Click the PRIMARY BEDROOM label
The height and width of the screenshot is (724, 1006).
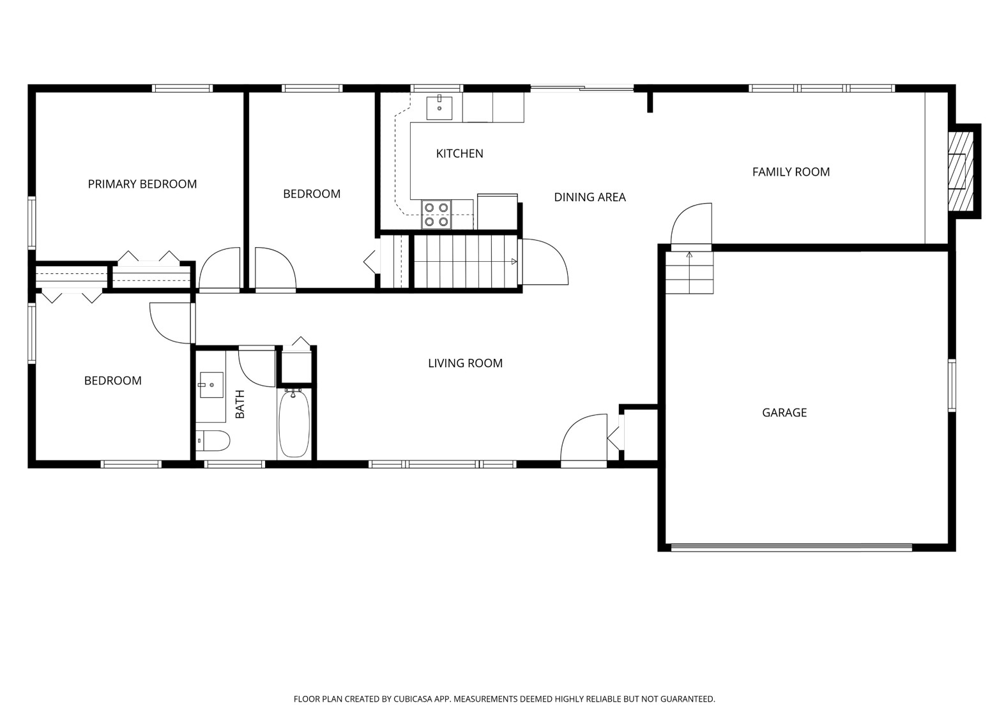(142, 184)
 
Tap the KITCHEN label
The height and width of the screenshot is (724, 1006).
(459, 153)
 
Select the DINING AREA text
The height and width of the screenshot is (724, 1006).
(590, 197)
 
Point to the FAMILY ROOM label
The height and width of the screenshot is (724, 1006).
(791, 172)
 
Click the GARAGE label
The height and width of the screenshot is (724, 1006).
(784, 412)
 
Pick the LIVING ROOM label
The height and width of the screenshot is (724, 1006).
(465, 363)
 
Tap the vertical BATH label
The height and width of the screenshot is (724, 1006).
(240, 404)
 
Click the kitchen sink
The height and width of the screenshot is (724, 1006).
(439, 108)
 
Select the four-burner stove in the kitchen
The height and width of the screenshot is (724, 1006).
(436, 215)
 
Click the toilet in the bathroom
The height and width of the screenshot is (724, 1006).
(213, 441)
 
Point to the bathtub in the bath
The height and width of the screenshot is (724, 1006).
(294, 423)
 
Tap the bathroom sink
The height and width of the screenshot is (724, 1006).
(211, 385)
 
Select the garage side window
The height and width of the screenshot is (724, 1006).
(952, 385)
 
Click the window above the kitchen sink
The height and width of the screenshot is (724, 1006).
(436, 88)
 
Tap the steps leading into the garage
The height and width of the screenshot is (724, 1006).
(689, 273)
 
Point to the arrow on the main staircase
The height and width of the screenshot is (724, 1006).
(514, 262)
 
